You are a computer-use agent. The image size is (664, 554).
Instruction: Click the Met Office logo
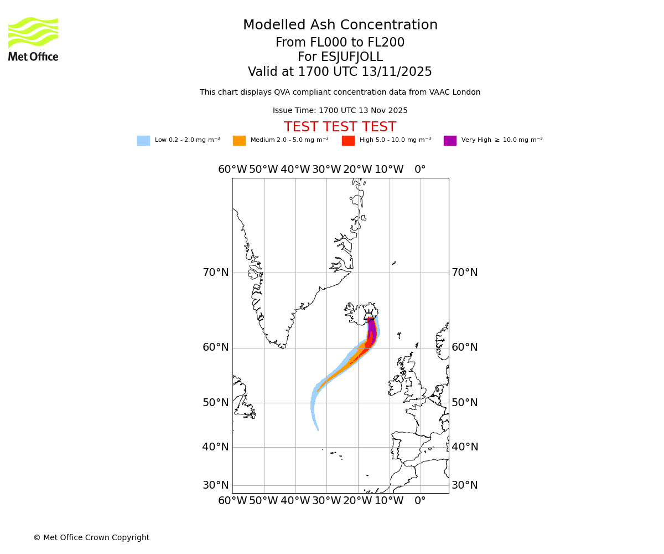click(x=33, y=39)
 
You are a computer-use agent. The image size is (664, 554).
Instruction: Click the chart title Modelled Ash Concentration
click(x=340, y=25)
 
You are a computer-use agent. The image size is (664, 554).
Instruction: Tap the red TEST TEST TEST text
click(x=340, y=127)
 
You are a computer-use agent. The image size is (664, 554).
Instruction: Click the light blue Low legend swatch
click(x=143, y=141)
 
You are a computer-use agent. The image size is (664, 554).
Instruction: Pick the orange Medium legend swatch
click(x=239, y=141)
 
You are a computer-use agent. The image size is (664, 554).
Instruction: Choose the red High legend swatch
click(x=348, y=141)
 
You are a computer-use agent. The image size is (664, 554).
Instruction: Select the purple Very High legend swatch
click(x=450, y=141)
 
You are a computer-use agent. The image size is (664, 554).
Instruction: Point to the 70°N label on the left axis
click(x=215, y=273)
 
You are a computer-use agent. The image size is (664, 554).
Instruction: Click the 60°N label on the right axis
click(x=465, y=347)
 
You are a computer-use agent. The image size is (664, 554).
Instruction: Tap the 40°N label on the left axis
click(x=215, y=447)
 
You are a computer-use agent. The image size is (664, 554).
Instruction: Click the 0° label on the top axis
click(x=421, y=170)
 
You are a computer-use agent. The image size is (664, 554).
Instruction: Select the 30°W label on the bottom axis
click(x=326, y=501)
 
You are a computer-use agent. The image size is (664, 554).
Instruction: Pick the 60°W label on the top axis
click(x=232, y=170)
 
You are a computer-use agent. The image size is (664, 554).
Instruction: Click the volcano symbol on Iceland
click(x=369, y=316)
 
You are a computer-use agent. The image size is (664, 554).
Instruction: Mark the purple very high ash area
click(x=372, y=330)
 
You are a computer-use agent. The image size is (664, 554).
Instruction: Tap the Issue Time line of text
click(x=340, y=111)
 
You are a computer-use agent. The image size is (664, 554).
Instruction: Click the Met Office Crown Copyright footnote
click(x=91, y=537)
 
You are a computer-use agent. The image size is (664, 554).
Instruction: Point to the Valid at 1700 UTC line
click(x=340, y=72)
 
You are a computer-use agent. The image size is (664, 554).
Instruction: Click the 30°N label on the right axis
click(x=465, y=485)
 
